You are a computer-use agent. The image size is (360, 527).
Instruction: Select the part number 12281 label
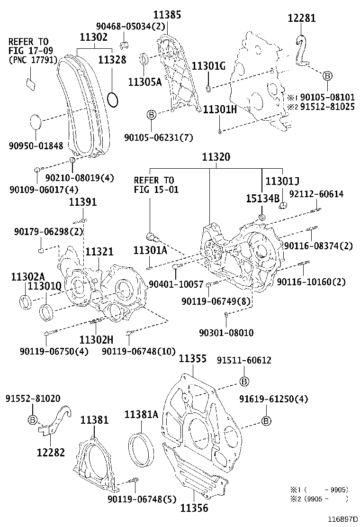pos(302,18)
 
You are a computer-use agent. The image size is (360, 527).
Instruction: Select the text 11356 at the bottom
pos(193,508)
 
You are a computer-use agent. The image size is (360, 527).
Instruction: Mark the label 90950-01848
pos(36,146)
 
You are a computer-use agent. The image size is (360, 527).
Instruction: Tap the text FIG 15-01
pos(154,190)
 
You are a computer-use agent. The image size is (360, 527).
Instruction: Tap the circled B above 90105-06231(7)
pos(151,115)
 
